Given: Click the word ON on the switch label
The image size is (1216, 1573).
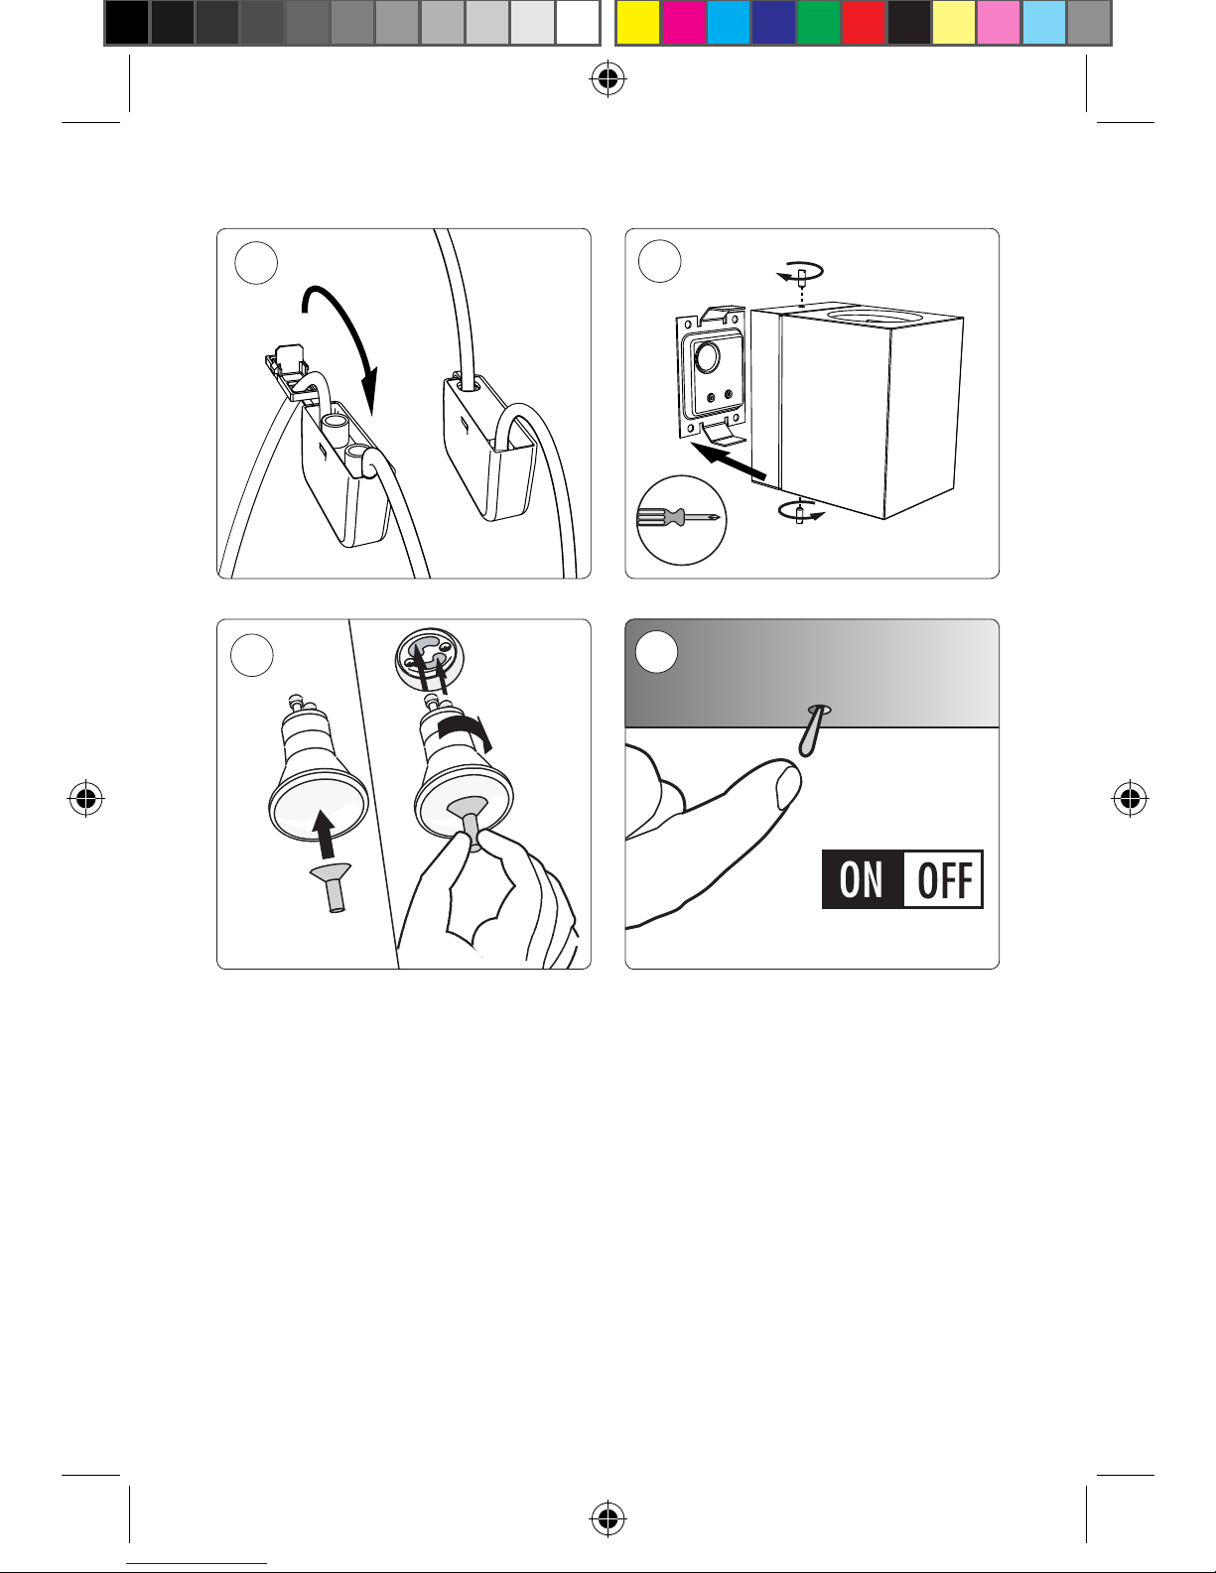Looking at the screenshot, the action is (x=861, y=879).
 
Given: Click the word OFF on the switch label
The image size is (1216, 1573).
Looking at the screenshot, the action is (x=945, y=880).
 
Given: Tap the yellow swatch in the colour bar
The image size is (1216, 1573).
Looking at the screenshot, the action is (x=637, y=23).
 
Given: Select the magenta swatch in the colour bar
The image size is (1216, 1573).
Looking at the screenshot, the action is (x=683, y=23).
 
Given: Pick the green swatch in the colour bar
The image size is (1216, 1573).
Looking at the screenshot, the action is (x=819, y=23).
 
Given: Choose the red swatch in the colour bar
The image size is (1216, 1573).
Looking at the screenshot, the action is (x=864, y=23).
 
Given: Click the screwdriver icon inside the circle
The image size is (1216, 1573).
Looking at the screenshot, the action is (x=678, y=518).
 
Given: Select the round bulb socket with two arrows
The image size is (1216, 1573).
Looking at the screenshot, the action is (x=430, y=661).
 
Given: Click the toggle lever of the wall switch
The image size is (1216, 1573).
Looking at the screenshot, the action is (x=811, y=730).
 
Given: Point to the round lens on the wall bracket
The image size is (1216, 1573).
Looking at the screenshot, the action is (x=707, y=357).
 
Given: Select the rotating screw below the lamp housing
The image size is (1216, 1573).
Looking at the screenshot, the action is (x=800, y=512).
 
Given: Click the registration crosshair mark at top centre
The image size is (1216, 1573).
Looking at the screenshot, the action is (x=608, y=79).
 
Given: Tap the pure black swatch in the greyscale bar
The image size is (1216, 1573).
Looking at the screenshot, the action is (x=127, y=23).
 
